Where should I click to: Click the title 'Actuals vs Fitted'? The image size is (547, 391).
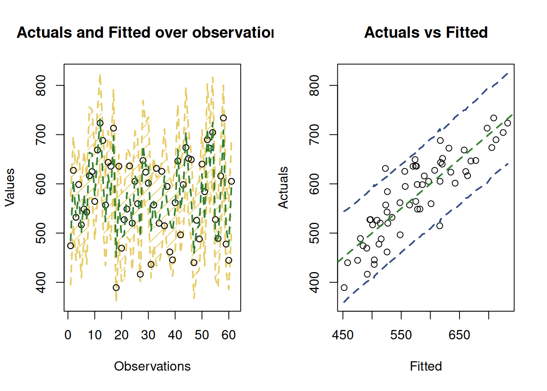click(x=426, y=32)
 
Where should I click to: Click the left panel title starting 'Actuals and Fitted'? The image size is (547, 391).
click(x=145, y=32)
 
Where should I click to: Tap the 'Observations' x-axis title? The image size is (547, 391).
click(x=152, y=366)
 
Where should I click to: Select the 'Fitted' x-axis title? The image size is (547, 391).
click(x=426, y=366)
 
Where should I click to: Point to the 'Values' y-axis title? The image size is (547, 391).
click(x=10, y=187)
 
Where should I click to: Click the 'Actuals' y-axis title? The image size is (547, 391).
click(x=283, y=187)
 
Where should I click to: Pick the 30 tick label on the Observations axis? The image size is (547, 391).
click(x=148, y=335)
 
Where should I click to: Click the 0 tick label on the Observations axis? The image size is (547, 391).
click(x=68, y=335)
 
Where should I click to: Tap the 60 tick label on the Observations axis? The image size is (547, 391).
click(x=229, y=335)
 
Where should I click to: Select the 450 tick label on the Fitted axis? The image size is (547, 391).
click(x=343, y=335)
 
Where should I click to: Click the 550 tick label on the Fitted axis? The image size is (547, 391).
click(x=401, y=335)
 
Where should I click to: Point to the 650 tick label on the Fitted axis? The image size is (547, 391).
click(x=459, y=335)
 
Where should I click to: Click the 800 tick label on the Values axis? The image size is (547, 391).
click(x=41, y=85)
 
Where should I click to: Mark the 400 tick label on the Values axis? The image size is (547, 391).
click(x=41, y=282)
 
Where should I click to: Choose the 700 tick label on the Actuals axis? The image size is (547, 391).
click(x=315, y=134)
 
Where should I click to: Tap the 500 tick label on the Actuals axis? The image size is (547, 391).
click(x=315, y=233)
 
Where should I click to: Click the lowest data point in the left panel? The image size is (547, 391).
click(x=116, y=288)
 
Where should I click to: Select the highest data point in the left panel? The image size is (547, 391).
click(x=223, y=118)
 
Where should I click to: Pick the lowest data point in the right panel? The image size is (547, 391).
click(x=344, y=288)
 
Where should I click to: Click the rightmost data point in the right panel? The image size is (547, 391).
click(x=508, y=123)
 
